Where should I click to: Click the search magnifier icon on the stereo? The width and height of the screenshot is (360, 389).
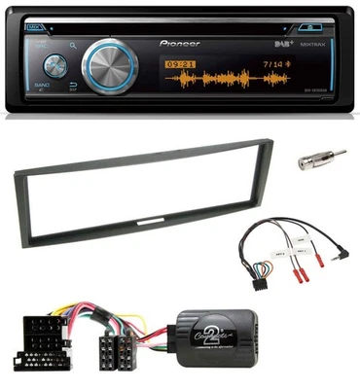point(72,44)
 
